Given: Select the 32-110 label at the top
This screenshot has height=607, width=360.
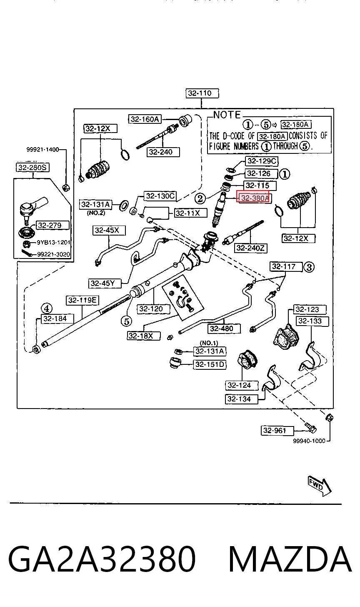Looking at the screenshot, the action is [202, 93].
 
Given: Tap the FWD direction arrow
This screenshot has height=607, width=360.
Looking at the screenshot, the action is [320, 487].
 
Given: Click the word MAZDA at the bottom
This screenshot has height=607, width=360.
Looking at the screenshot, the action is [290, 559].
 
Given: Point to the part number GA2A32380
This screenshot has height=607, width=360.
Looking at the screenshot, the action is [102, 559].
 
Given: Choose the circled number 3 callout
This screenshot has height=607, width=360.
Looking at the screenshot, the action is [309, 267].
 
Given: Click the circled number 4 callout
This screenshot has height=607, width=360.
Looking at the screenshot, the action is [47, 308].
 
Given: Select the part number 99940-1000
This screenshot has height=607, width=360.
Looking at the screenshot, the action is [309, 441].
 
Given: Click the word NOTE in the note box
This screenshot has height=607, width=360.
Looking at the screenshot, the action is [227, 115].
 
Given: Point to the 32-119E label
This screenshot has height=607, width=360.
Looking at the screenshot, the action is [82, 300].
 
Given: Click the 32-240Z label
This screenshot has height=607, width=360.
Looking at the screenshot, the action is [250, 248].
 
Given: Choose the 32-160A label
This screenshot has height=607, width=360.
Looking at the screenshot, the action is [145, 119].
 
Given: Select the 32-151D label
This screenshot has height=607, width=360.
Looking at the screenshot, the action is [210, 364].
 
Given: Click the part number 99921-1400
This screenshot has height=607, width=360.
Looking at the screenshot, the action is [42, 149].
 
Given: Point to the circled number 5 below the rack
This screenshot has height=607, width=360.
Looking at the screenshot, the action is [126, 321].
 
